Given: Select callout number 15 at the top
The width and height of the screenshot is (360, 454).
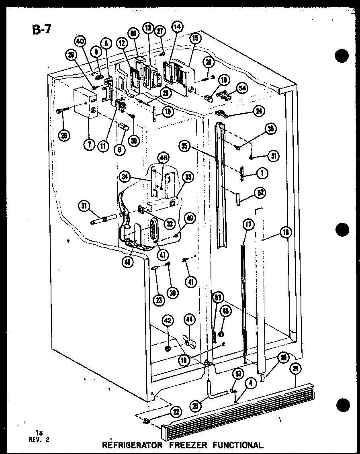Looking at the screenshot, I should coord(195,39).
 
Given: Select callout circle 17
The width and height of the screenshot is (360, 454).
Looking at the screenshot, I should coord(248,225).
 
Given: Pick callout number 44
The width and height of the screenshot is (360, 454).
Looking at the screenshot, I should coord(188,320).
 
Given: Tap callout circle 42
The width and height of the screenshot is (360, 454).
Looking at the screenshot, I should coord(168,320).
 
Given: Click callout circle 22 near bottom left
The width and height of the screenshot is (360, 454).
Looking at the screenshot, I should coord(176,412).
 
